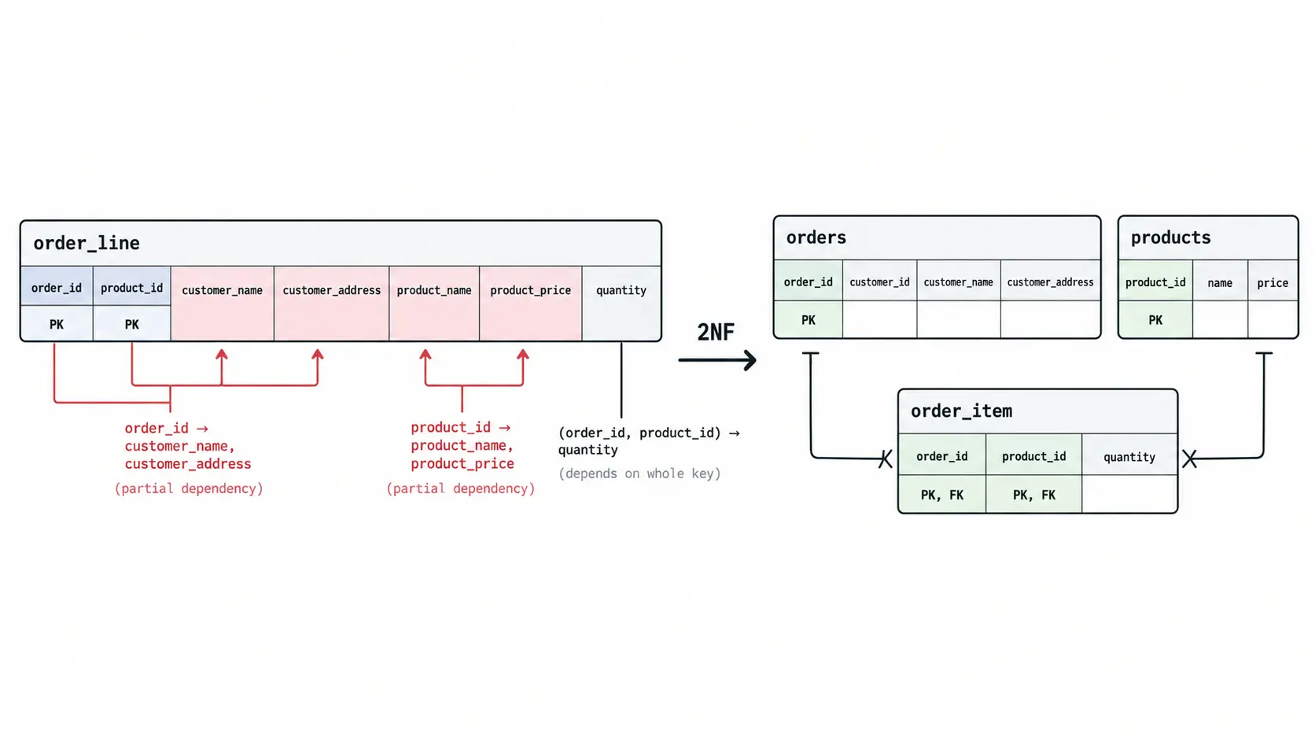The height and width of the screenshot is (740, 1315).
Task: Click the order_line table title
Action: pos(87,243)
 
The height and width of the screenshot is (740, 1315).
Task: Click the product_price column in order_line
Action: pos(531,303)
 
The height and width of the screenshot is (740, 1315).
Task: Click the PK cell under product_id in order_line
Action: pos(131,323)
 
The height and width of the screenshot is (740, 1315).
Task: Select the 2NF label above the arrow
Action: pos(716,332)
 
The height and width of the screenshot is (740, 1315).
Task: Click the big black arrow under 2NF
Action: pos(716,359)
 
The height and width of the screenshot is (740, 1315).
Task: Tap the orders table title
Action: pos(816,237)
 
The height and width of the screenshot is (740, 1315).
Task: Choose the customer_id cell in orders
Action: pos(879,282)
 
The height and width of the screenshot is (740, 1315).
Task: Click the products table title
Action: pos(1170,237)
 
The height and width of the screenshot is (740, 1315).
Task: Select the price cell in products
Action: pos(1273,282)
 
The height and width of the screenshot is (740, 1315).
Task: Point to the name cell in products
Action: pos(1220,282)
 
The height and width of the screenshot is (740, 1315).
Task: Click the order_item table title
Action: pos(961,410)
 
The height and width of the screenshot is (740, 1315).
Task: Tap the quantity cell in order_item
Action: pos(1129,457)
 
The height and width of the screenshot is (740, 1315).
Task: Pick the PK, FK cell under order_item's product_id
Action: pos(1033,495)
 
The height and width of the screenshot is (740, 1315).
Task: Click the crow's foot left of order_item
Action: pos(886,458)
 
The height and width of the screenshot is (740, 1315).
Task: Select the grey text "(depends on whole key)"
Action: pos(639,473)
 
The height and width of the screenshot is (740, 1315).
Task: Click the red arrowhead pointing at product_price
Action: pos(523,355)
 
